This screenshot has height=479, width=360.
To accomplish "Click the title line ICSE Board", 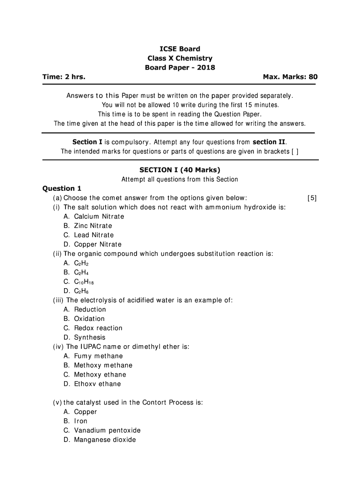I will coord(180,49).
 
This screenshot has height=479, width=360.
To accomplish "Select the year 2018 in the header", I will coord(205,67).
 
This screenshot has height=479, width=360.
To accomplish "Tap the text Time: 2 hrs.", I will coord(64,77).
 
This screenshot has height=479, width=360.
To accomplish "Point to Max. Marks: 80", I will coord(290,77).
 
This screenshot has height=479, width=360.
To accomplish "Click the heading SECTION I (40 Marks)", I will coord(180,170).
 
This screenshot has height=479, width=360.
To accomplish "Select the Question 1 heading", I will coord(62,189).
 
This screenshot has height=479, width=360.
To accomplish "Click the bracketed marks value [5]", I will coord(312,198).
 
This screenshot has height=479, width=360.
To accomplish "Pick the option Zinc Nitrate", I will coord(93,226).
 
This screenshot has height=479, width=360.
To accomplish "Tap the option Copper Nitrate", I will coord(97,244).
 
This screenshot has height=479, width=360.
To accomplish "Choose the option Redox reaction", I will coord(98,328).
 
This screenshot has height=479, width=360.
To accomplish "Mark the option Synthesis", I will coord(90,337).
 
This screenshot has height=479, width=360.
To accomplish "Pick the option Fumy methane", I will coord(98,356).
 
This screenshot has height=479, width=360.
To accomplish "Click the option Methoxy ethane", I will coord(100,375).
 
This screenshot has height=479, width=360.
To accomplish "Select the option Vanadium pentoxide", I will coord(107,430).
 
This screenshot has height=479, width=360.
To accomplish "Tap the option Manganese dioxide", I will coord(105,440).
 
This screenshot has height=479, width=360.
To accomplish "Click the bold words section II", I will coord(270,142).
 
